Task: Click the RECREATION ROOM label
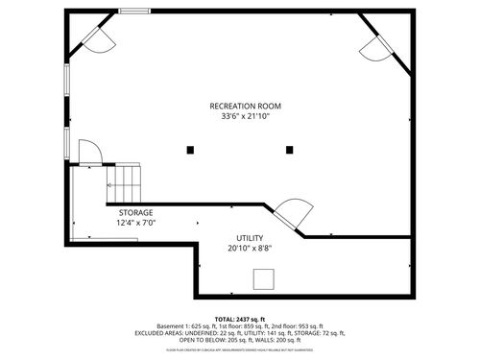[246, 106]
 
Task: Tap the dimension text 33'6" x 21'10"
[246, 116]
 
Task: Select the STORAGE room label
[135, 212]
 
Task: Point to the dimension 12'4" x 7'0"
[135, 223]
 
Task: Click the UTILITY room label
[250, 238]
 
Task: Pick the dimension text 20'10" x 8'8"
[250, 249]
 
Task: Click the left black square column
[191, 149]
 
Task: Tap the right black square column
[289, 149]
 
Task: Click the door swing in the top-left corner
[95, 36]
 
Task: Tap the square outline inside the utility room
[262, 278]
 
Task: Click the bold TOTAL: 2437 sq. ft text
[240, 319]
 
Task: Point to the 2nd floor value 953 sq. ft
[306, 326]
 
